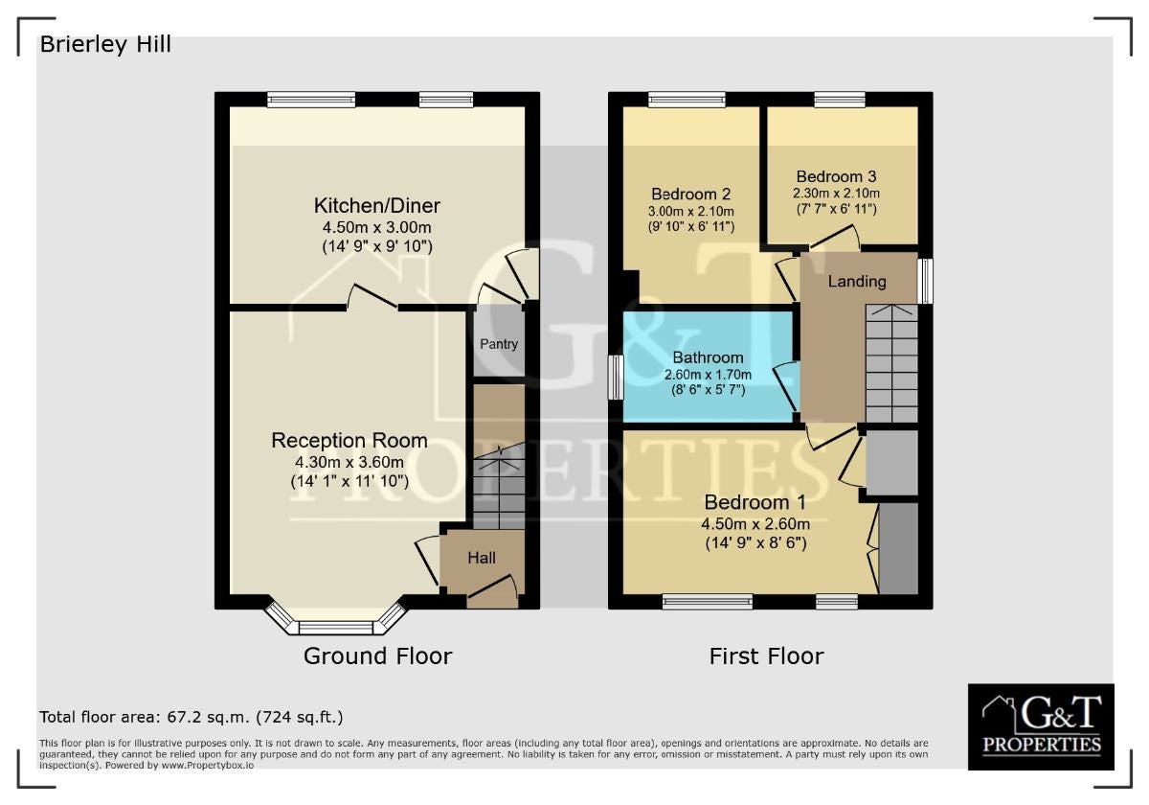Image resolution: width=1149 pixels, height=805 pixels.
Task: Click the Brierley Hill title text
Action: pos(105,44)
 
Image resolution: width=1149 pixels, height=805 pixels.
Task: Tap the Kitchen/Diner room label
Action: pos(377,206)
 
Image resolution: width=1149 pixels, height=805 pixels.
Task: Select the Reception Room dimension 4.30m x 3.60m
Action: pos(349,462)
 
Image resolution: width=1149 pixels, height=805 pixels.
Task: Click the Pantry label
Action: pos(499,344)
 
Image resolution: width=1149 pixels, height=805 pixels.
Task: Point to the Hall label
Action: pos(481,558)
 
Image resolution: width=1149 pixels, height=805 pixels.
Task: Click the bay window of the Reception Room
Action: pos(336,623)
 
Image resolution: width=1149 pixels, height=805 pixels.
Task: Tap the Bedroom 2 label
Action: pos(690,194)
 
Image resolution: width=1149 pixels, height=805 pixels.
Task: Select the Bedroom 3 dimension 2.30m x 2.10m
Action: pos(836,194)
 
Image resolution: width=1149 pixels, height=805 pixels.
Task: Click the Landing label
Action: pos(857,282)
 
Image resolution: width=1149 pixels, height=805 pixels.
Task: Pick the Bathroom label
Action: pos(708,357)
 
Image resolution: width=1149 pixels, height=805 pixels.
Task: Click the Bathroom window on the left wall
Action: pos(616,378)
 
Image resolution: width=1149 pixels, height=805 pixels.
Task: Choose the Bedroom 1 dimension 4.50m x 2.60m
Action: pos(755,524)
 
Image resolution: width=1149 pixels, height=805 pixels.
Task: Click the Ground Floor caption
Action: pos(377,656)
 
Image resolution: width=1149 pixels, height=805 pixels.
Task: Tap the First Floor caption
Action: pos(766,656)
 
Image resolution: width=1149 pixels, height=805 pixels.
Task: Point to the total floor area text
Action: pos(191,717)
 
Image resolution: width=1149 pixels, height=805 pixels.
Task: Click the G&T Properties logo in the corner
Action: pos(1041,726)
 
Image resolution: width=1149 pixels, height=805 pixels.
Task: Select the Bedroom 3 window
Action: pos(840,100)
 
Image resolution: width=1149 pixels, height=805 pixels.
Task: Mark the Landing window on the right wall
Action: pos(925,281)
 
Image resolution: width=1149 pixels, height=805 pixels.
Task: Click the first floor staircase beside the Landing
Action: pos(891,363)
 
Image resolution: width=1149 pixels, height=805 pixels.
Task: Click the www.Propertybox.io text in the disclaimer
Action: pos(207,766)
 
